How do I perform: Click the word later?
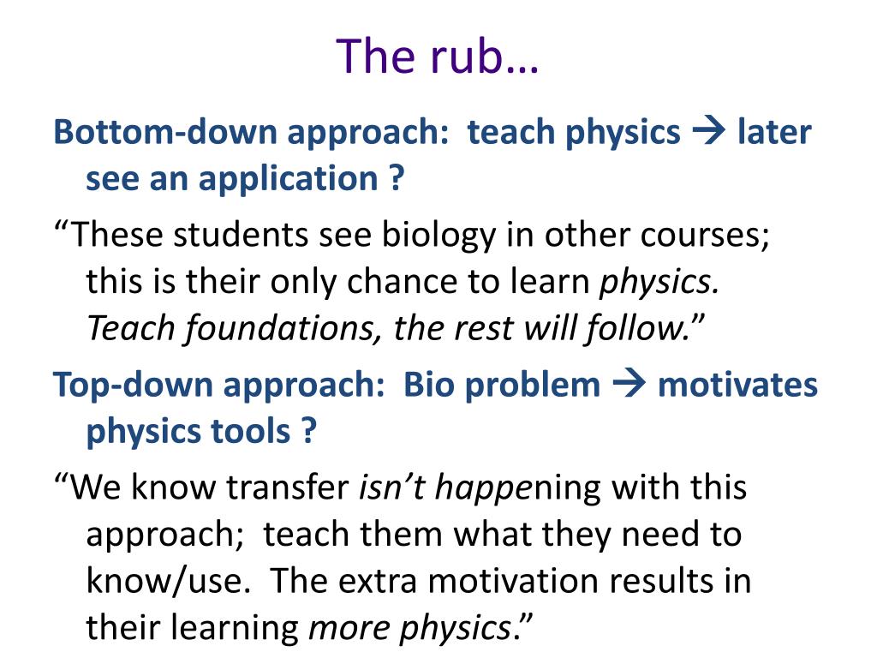coord(773,133)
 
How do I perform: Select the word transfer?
coord(289,488)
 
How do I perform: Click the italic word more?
coord(347,629)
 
